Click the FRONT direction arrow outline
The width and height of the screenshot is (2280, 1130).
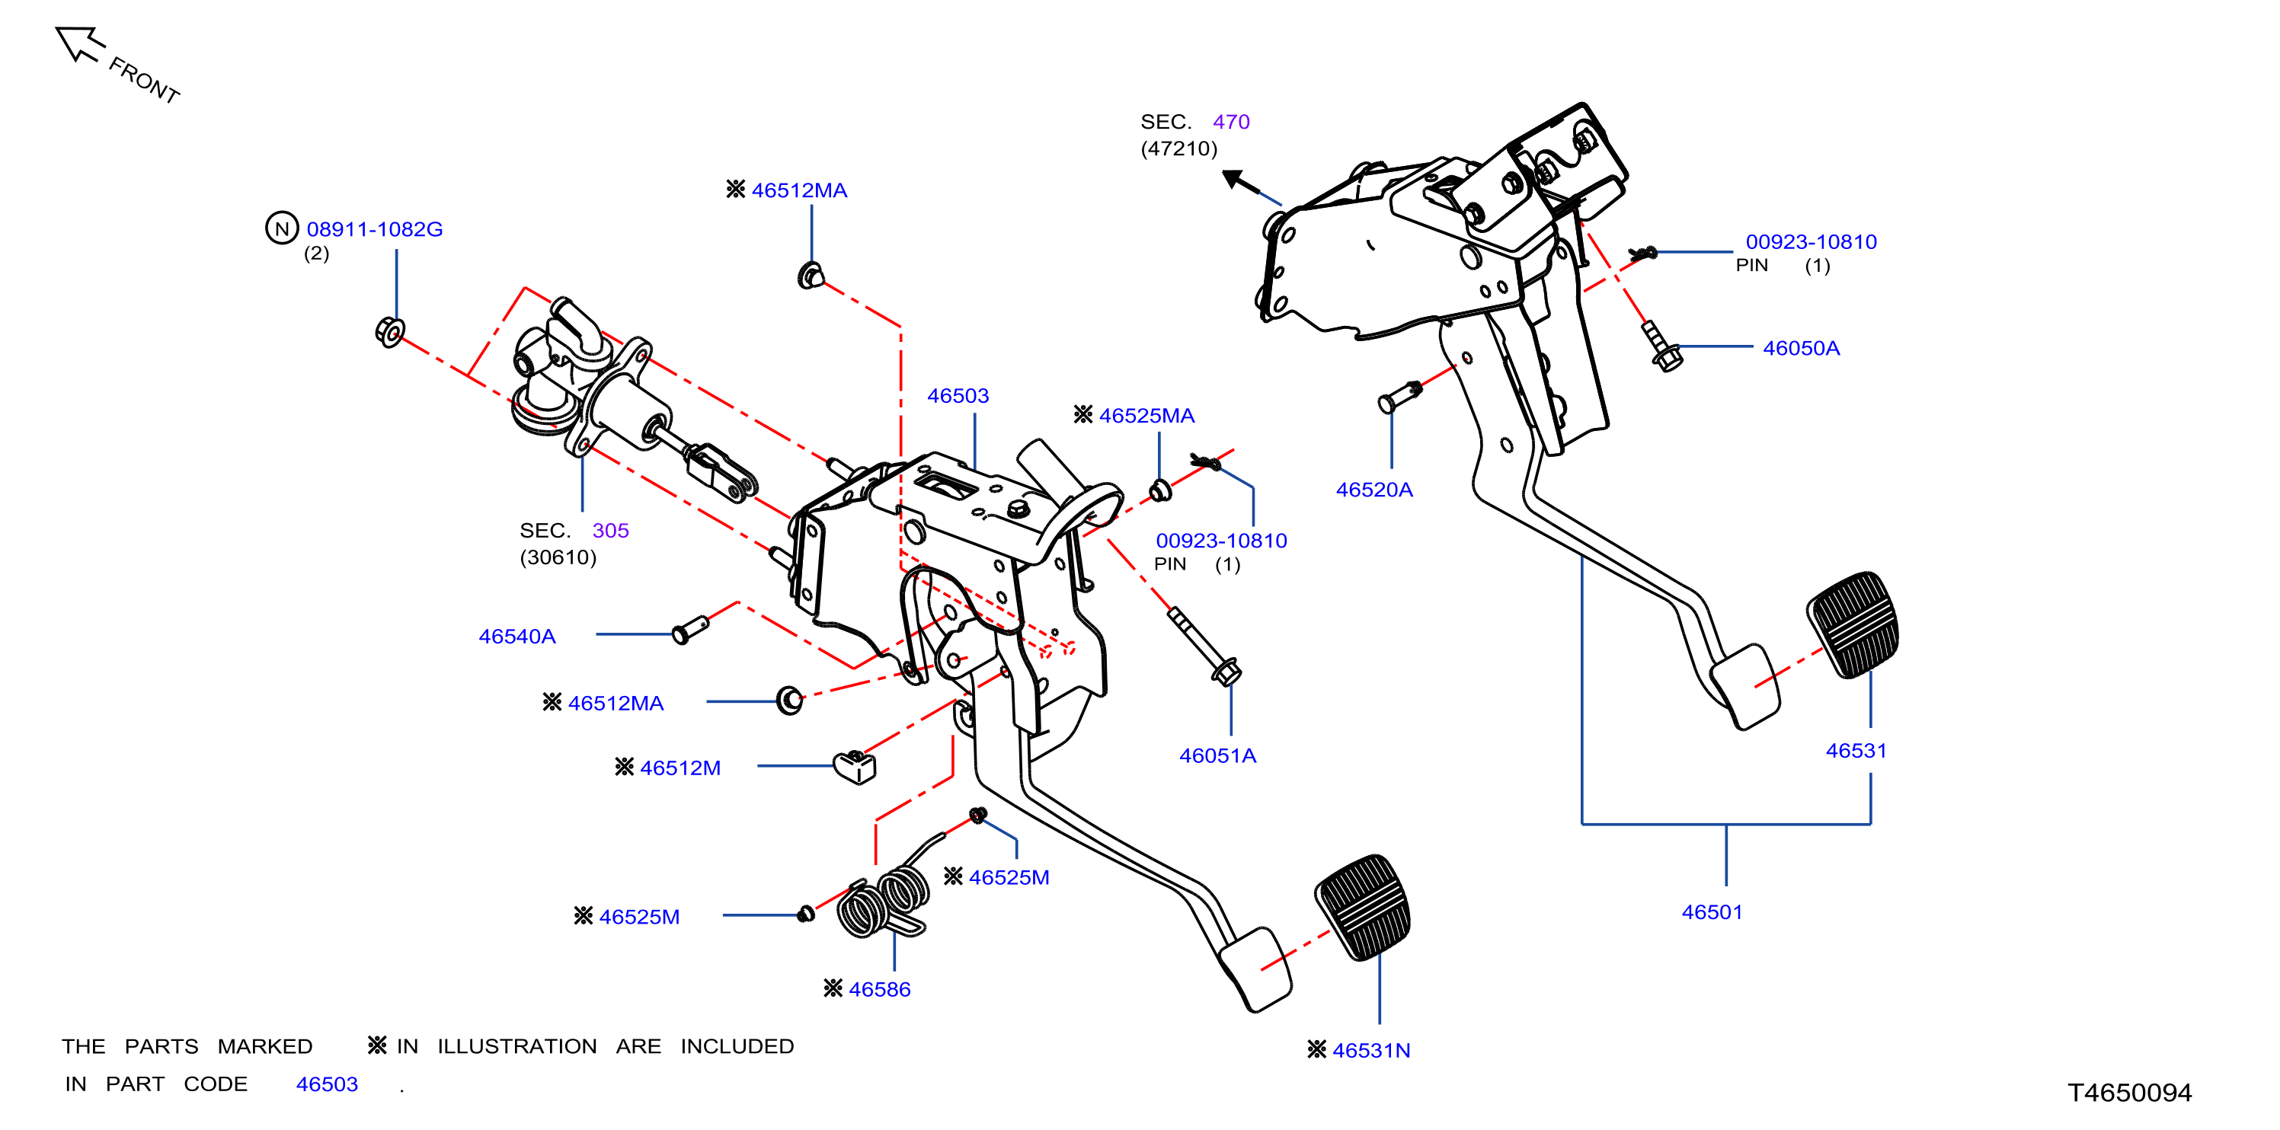(x=80, y=43)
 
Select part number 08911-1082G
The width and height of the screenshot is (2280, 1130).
(x=374, y=229)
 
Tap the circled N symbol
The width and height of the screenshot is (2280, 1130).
(x=281, y=228)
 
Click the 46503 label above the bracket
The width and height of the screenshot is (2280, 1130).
(x=958, y=395)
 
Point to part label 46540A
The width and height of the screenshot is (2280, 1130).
(x=517, y=637)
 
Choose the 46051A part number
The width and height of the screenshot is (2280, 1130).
(x=1217, y=755)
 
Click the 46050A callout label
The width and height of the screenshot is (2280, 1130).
(x=1801, y=348)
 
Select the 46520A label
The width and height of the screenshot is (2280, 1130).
(x=1373, y=490)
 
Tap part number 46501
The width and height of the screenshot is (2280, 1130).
(x=1712, y=912)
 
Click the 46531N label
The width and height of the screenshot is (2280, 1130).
(x=1371, y=1050)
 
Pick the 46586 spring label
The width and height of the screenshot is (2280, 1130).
(x=879, y=989)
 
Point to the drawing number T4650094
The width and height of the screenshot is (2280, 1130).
(x=2129, y=1093)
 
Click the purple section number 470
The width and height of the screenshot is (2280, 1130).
(x=1231, y=121)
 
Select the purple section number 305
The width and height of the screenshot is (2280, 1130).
(x=611, y=530)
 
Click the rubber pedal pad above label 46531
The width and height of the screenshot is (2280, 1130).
(x=1853, y=624)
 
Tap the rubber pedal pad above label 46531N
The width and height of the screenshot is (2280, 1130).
(x=1363, y=907)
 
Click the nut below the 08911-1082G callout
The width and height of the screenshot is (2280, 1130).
(x=389, y=332)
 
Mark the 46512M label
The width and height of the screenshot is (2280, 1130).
(x=680, y=768)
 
